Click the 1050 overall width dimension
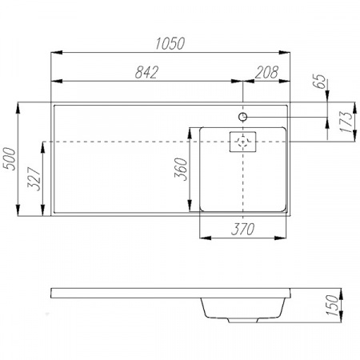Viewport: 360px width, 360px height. [170, 43]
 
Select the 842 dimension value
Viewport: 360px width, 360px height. [146, 72]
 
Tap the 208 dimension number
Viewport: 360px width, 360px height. [266, 72]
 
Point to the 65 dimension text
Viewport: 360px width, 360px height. [319, 81]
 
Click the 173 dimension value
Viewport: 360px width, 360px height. [346, 122]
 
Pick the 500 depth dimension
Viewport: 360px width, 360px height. [10, 158]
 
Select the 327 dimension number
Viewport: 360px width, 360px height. [34, 179]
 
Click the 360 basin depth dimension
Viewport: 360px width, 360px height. [181, 169]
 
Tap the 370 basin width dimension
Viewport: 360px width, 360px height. [242, 229]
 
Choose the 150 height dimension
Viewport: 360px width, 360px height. [332, 306]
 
